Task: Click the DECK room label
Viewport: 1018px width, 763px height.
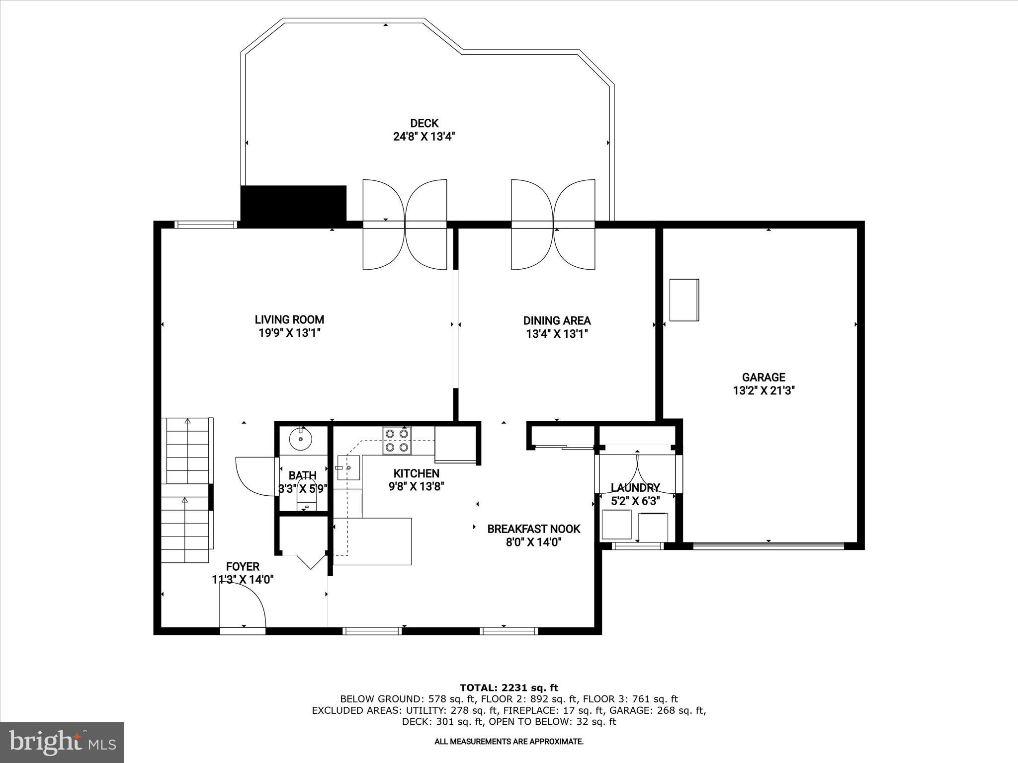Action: click(x=424, y=123)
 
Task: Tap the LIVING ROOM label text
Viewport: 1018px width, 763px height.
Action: click(x=289, y=320)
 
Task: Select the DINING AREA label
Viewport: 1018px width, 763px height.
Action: click(x=557, y=321)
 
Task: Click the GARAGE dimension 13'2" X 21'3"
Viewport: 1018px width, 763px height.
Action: click(x=763, y=391)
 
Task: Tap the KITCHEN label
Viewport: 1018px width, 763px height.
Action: click(x=416, y=473)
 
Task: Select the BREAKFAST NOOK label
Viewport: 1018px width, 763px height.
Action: click(x=533, y=529)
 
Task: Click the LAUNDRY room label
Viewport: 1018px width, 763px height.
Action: click(x=635, y=488)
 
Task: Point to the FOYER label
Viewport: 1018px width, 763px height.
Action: click(x=243, y=567)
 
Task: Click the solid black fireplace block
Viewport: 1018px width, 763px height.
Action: click(x=293, y=203)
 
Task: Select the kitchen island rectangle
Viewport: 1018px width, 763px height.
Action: click(x=372, y=541)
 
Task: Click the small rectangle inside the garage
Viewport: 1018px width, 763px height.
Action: click(x=684, y=300)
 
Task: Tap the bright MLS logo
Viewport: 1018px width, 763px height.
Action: click(x=62, y=742)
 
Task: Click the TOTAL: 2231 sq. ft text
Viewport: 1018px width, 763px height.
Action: click(x=509, y=687)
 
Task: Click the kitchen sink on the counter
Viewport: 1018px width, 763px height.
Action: click(x=348, y=467)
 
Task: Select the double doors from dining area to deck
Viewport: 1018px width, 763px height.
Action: click(x=553, y=225)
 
